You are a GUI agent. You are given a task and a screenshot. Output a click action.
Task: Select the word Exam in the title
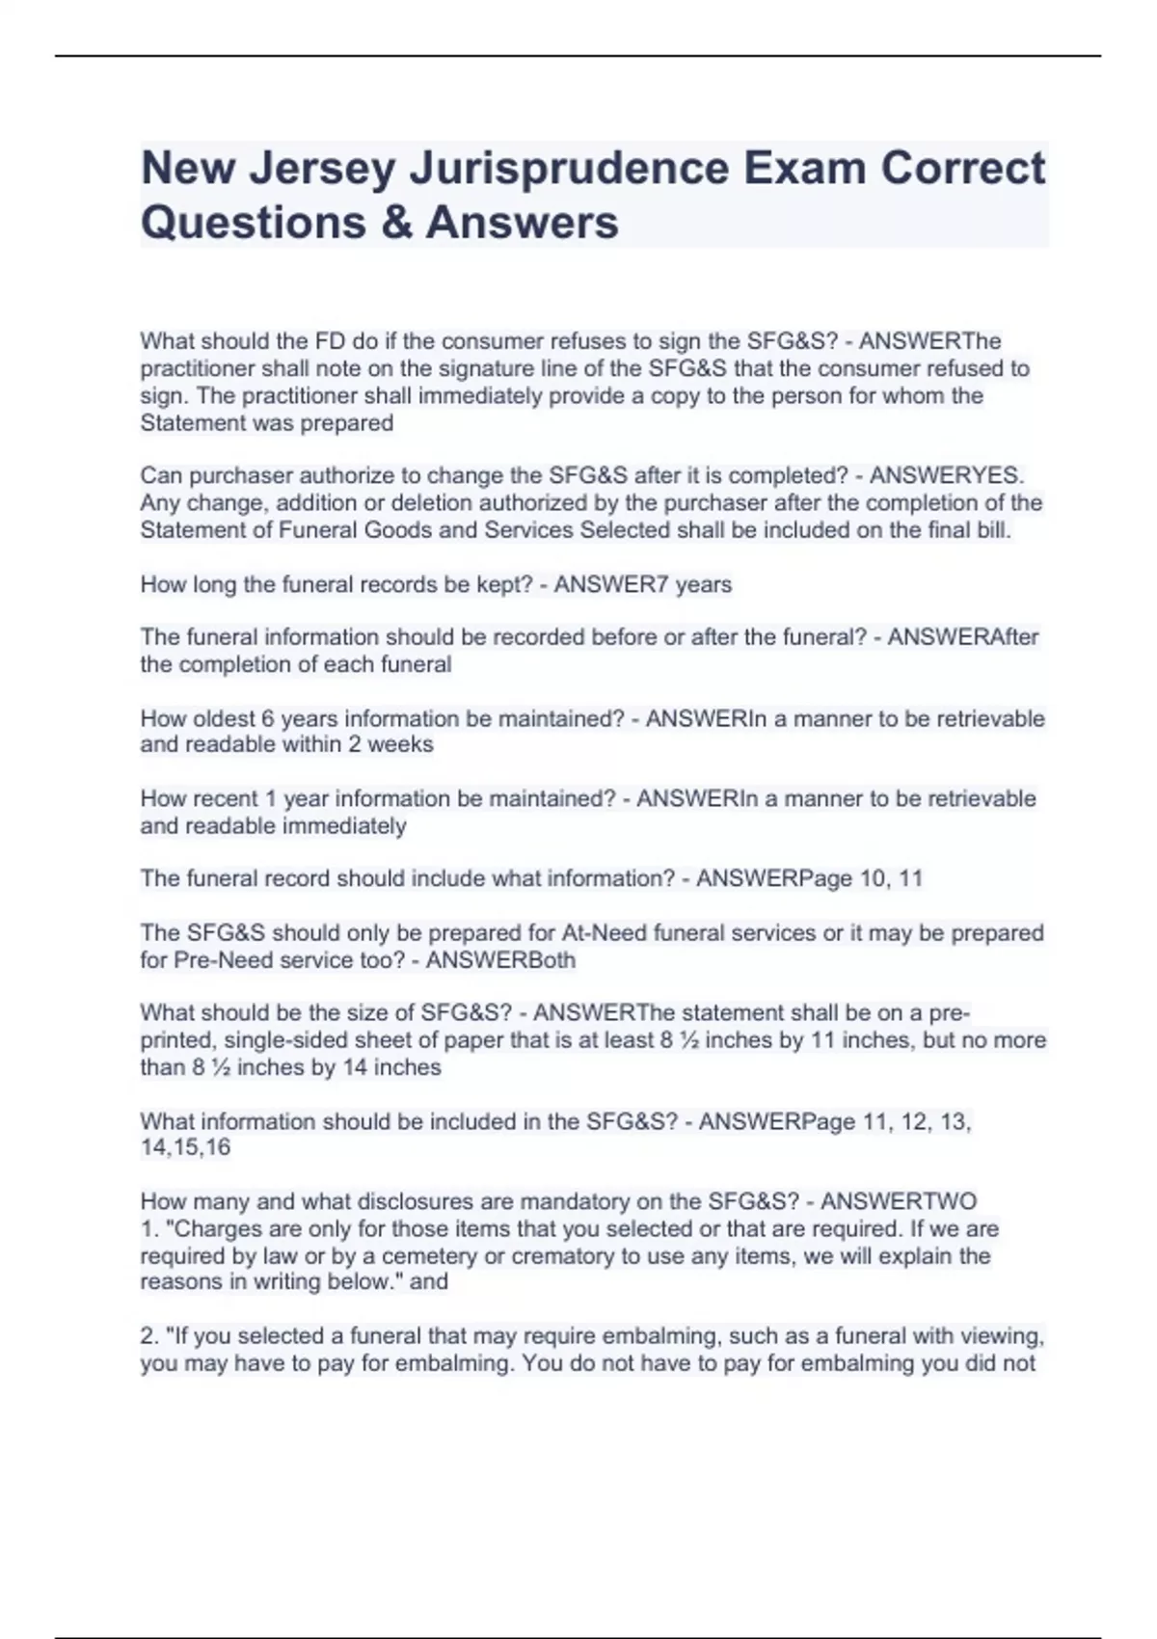(804, 169)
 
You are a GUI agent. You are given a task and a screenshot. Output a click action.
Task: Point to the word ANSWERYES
(947, 475)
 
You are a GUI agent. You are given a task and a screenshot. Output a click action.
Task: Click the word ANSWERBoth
(500, 960)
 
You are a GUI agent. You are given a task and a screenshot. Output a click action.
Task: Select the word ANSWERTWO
(899, 1201)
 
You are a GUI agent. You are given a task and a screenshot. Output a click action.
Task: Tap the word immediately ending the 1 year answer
(354, 826)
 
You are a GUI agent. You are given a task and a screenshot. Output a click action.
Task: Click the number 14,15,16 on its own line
(185, 1147)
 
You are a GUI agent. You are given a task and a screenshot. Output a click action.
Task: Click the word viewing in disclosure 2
(1006, 1336)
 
